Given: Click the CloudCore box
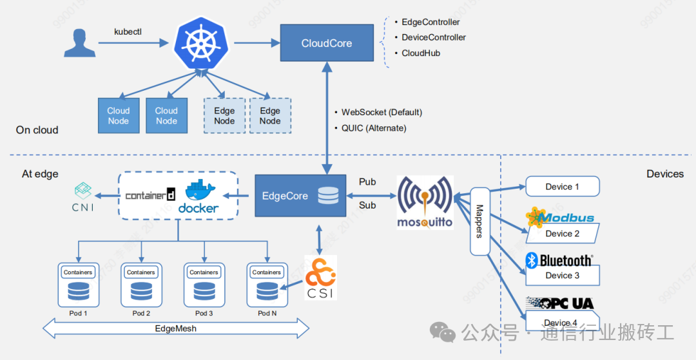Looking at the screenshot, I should click(327, 43).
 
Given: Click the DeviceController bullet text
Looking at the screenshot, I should click(433, 37).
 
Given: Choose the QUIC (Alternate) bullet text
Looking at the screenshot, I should click(374, 128).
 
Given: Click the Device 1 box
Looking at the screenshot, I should click(563, 187).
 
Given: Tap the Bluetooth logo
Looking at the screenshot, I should click(559, 260).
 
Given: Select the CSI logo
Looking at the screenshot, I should click(320, 278).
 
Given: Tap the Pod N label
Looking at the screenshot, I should click(267, 313).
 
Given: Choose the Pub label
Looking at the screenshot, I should click(367, 182).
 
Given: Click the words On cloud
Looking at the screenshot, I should click(37, 130).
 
